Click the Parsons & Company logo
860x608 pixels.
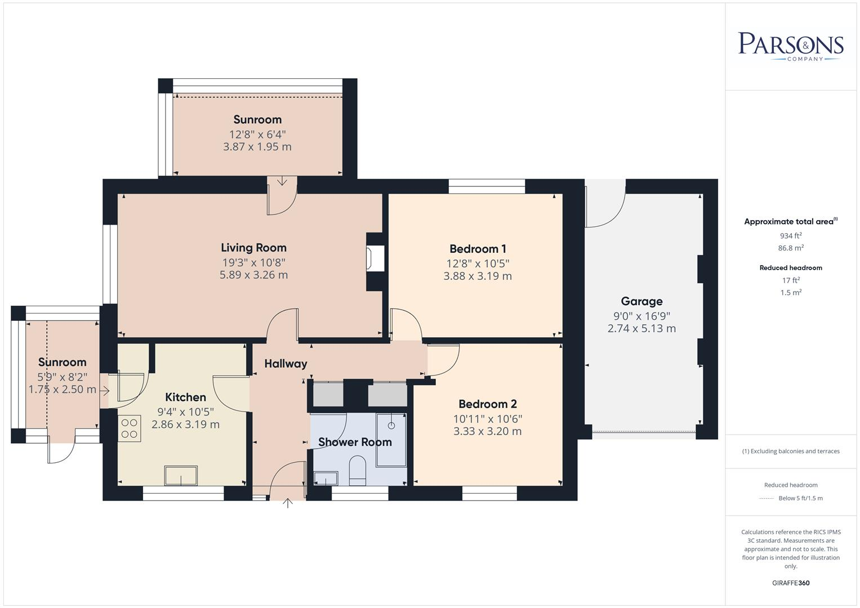coord(790,46)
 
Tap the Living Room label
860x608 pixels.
coord(253,248)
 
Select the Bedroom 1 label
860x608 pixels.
coord(478,249)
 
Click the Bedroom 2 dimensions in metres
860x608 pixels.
coord(487,432)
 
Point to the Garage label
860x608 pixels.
coord(641,301)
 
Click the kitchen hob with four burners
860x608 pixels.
coord(130,427)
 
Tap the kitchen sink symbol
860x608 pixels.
coord(181,476)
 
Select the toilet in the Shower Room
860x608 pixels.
coord(358,471)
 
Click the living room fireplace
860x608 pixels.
coord(375,260)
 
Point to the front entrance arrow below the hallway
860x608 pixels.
coord(288,503)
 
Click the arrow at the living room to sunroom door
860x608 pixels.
coord(282,181)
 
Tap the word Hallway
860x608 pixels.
coord(286,364)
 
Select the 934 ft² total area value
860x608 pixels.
coord(791,236)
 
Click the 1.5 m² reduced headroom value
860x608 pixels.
coord(791,293)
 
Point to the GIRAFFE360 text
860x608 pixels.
coord(791,583)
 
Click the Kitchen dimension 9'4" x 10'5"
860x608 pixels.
coord(185,412)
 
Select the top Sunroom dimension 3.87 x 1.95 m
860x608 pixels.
coord(257,147)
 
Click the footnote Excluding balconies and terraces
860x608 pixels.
coord(791,451)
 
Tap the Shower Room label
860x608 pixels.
coord(355,442)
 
